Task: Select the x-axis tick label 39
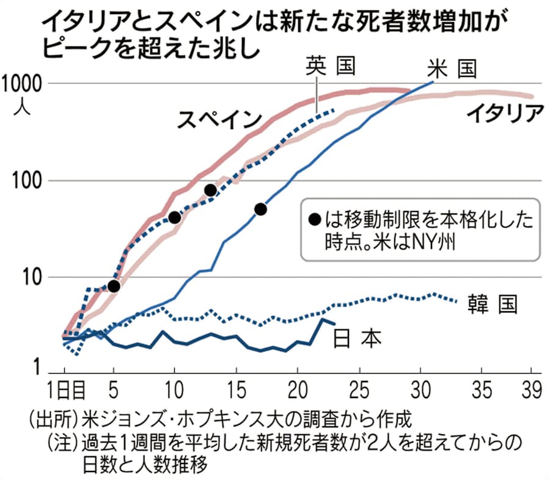(531, 389)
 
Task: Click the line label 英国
(330, 65)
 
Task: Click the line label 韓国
(494, 303)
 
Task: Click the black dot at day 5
(113, 286)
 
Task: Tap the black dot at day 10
(174, 217)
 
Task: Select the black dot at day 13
(211, 190)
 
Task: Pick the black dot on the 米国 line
(260, 210)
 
